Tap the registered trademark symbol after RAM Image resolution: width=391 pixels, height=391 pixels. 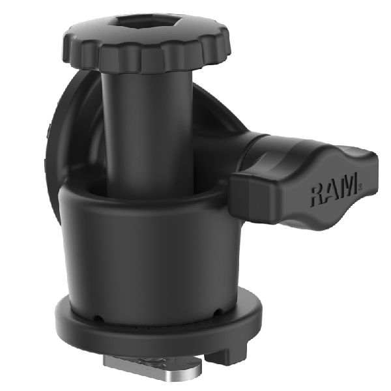tap(359, 188)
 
